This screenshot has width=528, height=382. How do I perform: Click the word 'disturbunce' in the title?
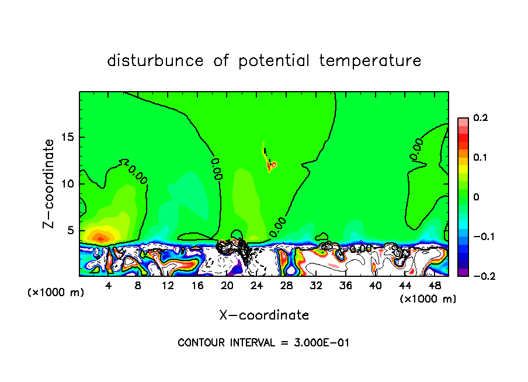point(155,61)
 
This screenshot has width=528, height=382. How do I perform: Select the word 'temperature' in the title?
point(370,61)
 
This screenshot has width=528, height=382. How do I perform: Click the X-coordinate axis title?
point(264,315)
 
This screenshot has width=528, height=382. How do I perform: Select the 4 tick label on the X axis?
point(109,286)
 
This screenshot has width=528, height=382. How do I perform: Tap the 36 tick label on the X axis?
point(345,286)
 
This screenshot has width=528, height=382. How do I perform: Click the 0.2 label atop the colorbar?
point(480,118)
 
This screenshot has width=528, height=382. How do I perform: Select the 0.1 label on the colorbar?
point(480,158)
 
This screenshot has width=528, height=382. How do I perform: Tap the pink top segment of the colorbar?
point(463,121)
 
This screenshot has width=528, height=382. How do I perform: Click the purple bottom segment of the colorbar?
point(463,272)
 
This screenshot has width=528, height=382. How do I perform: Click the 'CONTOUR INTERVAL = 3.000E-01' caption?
point(263,343)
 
